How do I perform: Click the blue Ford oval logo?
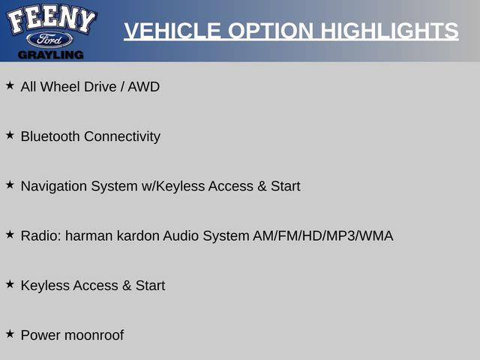(x=49, y=40)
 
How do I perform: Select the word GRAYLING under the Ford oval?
(x=50, y=55)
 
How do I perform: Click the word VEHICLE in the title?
(x=172, y=31)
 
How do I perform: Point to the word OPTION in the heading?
(x=271, y=31)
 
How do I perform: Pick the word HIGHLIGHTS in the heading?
(x=389, y=31)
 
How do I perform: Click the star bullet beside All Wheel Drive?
(x=10, y=85)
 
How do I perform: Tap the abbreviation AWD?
(x=143, y=87)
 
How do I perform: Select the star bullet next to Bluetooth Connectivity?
(x=10, y=135)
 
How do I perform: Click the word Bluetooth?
(x=50, y=136)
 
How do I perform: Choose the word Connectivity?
(x=122, y=136)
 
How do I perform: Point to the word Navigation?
(x=53, y=187)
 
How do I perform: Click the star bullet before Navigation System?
(x=10, y=184)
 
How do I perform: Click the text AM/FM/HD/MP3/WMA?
(x=323, y=235)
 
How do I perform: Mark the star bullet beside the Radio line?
(x=10, y=235)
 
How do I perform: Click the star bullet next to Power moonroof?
(x=10, y=334)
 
